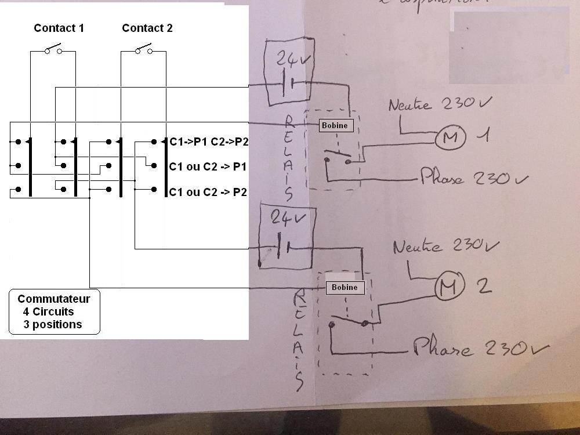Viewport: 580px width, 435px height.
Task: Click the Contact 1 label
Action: pos(59,28)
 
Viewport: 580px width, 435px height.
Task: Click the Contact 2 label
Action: pos(147,28)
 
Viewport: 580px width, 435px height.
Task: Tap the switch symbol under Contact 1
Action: pos(53,50)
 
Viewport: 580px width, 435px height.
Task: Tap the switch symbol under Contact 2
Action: pos(144,50)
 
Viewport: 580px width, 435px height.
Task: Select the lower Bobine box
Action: pos(345,287)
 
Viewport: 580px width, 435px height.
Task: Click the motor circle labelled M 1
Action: pos(451,137)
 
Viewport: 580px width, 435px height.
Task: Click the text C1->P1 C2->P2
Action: pos(209,142)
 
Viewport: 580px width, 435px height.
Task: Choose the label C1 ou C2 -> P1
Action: pos(208,167)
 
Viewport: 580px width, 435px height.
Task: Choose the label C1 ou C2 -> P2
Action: pos(208,192)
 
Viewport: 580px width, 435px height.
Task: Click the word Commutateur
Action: pos(54,299)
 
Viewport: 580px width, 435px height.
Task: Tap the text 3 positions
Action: pos(53,325)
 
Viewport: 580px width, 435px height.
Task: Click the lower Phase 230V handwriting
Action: pos(480,349)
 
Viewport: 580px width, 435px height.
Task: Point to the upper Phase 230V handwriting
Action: pos(474,177)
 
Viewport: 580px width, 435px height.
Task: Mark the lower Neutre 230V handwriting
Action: pos(445,246)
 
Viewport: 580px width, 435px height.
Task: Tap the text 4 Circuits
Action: pos(49,312)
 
